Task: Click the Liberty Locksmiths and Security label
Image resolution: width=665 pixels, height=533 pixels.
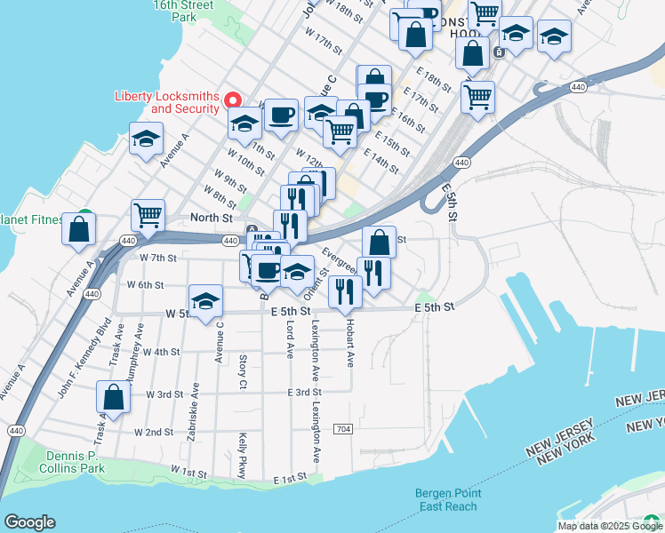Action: [x=166, y=102]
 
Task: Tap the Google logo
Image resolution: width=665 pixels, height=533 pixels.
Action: [x=29, y=522]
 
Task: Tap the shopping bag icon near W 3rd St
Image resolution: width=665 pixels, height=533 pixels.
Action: [x=114, y=396]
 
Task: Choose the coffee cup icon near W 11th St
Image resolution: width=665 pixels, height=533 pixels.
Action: [x=281, y=114]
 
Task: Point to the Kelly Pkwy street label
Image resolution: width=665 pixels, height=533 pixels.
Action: [x=242, y=442]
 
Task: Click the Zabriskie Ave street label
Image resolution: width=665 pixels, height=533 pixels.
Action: [x=195, y=402]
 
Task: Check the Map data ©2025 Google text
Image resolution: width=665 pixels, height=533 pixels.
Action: [x=611, y=526]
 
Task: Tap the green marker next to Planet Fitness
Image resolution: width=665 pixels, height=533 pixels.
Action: [x=85, y=216]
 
